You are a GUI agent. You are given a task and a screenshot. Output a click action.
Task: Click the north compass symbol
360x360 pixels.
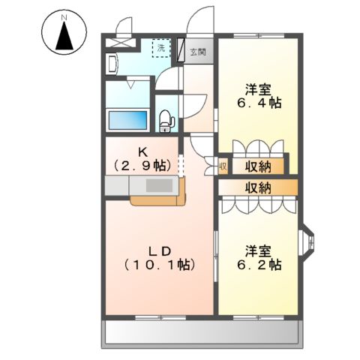(x=64, y=35)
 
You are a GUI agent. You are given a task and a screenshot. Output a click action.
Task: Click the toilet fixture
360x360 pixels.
(x=166, y=118)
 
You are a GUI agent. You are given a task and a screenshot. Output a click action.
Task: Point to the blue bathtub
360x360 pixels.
(x=128, y=119)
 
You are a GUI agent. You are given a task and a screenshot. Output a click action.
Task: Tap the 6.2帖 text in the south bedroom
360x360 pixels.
(x=257, y=265)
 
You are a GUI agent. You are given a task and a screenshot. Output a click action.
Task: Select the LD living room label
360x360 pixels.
(x=160, y=250)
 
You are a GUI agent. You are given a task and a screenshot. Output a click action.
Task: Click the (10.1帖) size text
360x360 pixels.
(x=160, y=265)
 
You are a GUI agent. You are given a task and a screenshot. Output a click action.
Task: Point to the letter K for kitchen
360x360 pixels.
(x=142, y=151)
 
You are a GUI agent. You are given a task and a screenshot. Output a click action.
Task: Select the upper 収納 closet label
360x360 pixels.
(x=256, y=166)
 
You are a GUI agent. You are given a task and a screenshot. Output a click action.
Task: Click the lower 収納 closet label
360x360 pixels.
(x=257, y=187)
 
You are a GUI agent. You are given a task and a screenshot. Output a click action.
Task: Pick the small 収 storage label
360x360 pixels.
(x=223, y=166)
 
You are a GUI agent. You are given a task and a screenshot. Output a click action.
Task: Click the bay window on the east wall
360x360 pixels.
(x=307, y=241)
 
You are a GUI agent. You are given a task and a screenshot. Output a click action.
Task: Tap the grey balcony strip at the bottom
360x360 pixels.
(x=202, y=332)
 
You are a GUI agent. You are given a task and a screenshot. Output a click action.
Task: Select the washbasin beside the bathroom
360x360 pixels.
(x=112, y=63)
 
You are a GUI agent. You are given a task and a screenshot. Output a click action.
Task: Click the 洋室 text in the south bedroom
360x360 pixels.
(x=257, y=250)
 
